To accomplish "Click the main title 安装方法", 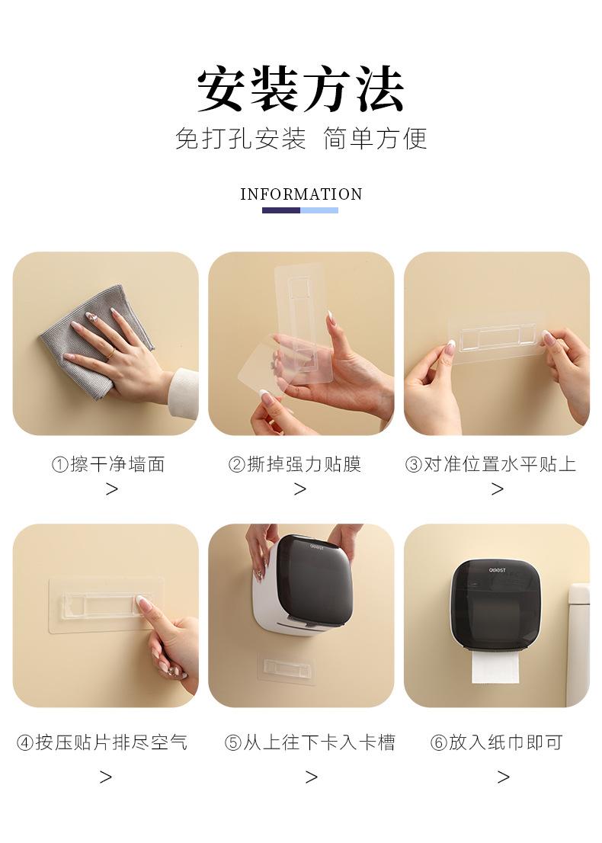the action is tap(300, 88).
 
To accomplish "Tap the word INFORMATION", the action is tap(301, 194).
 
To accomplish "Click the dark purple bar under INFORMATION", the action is tap(281, 210).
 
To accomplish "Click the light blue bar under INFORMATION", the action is tap(319, 210).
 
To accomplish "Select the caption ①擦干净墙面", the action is tap(108, 464).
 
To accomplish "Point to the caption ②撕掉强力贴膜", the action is tap(295, 464).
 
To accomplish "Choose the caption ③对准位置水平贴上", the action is tap(491, 464).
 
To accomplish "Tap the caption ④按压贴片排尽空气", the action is tap(102, 742).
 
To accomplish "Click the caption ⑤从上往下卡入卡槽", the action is tap(310, 742).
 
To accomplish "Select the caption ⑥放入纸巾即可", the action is tap(497, 742).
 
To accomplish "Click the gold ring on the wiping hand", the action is tap(110, 353).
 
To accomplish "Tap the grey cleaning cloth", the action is tap(96, 342).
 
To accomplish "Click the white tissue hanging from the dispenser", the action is tap(495, 668).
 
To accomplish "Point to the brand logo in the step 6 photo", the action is tap(497, 570).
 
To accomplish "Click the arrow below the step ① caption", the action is tap(111, 489).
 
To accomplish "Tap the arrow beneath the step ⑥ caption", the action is tap(503, 777).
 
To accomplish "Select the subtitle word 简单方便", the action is tap(375, 139).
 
